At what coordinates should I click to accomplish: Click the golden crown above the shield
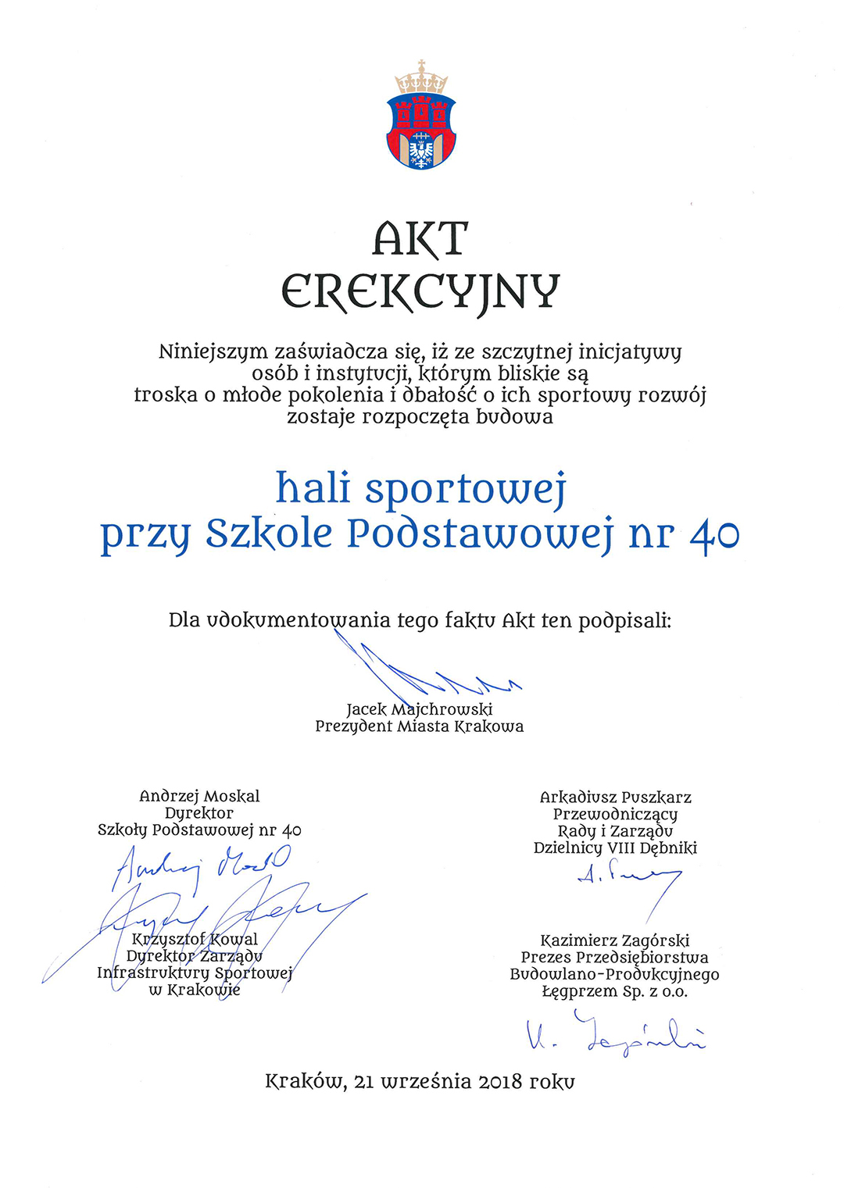(421, 78)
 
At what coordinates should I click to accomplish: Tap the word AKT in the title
(420, 238)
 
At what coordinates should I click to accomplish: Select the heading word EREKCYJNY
(420, 291)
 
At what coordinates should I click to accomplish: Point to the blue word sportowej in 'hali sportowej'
(465, 490)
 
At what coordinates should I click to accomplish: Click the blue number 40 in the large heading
(714, 535)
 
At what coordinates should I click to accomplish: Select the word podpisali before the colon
(624, 621)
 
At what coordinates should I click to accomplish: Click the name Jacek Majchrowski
(420, 709)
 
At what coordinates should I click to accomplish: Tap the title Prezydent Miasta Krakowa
(420, 726)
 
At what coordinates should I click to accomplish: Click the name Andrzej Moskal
(199, 796)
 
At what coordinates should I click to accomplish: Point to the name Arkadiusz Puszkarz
(616, 798)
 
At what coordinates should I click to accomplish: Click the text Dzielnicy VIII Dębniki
(616, 848)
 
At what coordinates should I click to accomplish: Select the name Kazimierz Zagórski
(615, 940)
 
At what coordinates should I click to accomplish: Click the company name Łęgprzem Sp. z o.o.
(615, 992)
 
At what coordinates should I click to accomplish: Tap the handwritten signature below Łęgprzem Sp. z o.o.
(616, 1034)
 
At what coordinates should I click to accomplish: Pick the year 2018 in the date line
(500, 1083)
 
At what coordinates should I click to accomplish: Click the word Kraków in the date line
(305, 1083)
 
